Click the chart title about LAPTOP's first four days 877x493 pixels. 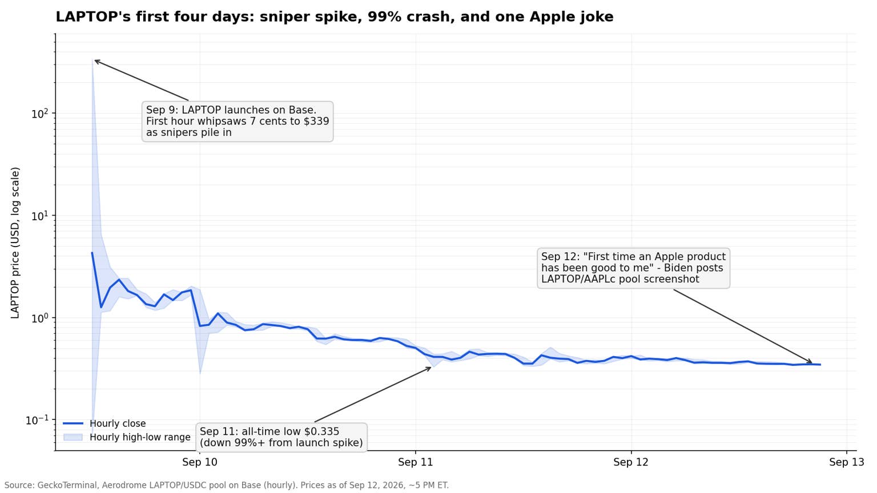point(335,17)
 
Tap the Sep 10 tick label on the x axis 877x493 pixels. point(200,462)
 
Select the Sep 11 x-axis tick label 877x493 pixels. point(416,462)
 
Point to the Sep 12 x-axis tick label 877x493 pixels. point(631,462)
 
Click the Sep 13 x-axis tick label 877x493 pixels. point(847,462)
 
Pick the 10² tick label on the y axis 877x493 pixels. point(39,114)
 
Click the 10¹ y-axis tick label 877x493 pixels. point(39,216)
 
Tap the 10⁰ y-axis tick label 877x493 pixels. point(39,318)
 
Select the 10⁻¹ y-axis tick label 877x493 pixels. point(37,420)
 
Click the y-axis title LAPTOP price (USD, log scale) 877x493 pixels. point(15,243)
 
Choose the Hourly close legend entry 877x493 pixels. point(104,423)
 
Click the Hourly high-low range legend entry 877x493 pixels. point(127,437)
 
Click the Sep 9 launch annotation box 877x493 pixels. point(238,122)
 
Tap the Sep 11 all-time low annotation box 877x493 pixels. point(281,437)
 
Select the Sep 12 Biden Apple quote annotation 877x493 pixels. point(633,268)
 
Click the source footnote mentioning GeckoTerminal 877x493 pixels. point(226,485)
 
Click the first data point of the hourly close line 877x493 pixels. point(92,253)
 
